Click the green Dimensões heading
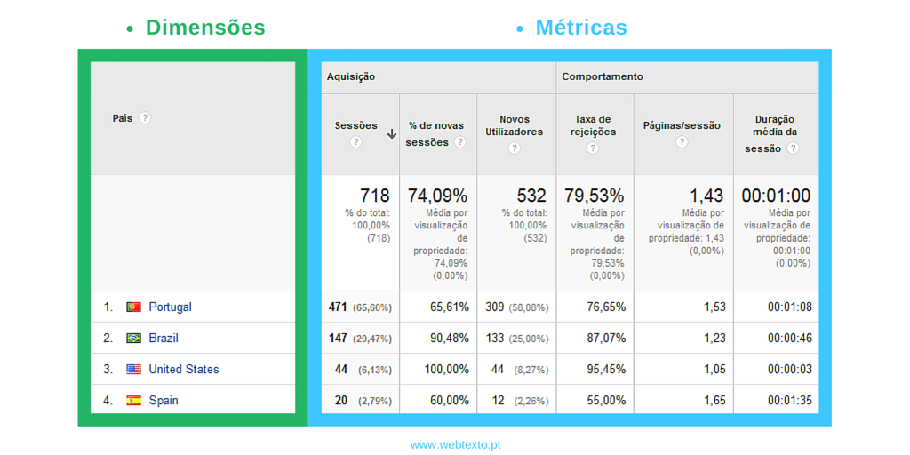(x=204, y=28)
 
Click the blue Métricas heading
(x=580, y=28)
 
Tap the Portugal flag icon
(x=134, y=307)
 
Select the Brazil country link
(x=164, y=339)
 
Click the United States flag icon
(x=134, y=370)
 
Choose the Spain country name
(x=164, y=401)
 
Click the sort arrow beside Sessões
(x=392, y=134)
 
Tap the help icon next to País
(x=145, y=118)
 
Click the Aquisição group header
(x=351, y=76)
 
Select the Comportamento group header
(x=603, y=76)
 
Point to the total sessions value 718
(x=374, y=196)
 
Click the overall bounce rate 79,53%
(x=595, y=196)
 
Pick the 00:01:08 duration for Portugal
(x=789, y=307)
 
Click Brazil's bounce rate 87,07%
(x=606, y=339)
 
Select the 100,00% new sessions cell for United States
(x=449, y=370)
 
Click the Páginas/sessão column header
(x=682, y=126)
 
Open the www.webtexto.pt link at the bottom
(x=455, y=444)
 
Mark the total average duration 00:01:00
(x=776, y=196)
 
